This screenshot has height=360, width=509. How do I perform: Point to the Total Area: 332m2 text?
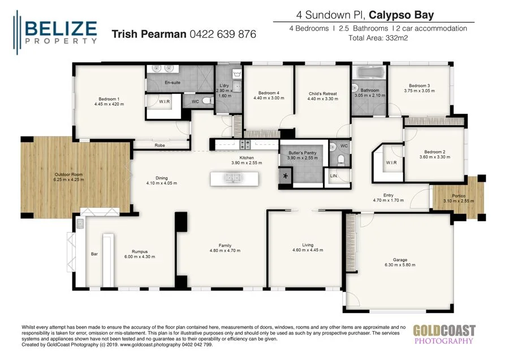tap(378, 38)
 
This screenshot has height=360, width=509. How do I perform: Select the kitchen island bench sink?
tap(234, 178)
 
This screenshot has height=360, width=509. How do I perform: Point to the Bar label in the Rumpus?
tap(94, 254)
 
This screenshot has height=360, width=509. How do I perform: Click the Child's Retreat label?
tap(322, 93)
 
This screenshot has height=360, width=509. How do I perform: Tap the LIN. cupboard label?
tap(334, 176)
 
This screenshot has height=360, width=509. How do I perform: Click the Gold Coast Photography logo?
tap(443, 334)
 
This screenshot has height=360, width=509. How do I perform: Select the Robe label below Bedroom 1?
tap(159, 145)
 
